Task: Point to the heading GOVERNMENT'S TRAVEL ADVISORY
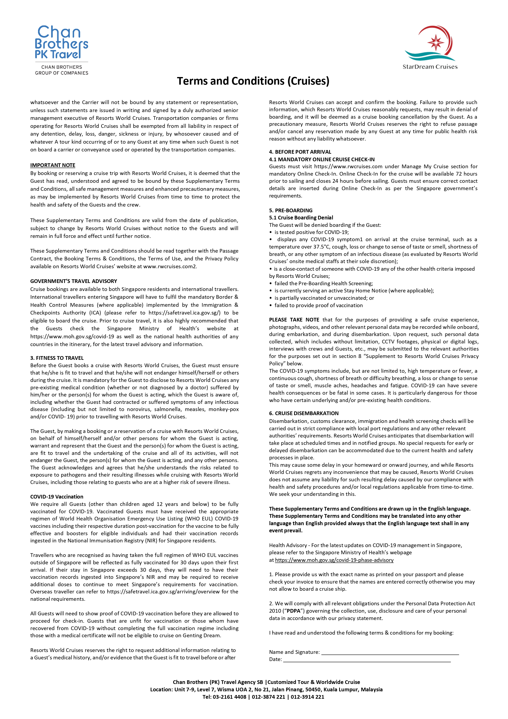[73, 281]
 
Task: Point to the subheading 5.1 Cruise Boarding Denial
[301, 217]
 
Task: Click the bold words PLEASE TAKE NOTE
[294, 319]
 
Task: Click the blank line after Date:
[367, 659]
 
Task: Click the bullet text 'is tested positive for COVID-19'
[312, 232]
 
